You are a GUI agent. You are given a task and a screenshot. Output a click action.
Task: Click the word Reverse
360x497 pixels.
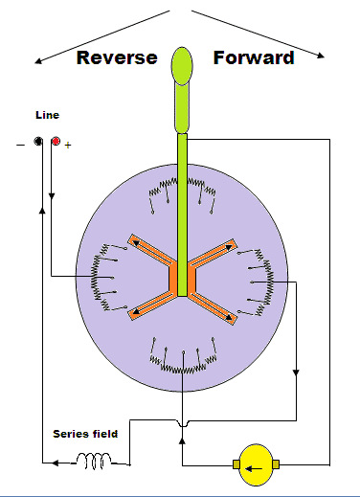point(117,57)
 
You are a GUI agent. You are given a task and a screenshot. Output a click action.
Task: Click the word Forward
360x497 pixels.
point(254,57)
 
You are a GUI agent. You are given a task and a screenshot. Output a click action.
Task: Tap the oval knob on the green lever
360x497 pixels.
point(182,66)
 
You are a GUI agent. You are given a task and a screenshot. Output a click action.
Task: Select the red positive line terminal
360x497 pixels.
point(56,141)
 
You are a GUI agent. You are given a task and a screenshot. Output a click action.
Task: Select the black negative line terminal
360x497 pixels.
point(38,141)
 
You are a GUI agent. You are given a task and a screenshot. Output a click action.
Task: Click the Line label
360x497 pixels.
point(47,115)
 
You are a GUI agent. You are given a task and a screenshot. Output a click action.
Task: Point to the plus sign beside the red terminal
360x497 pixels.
point(68,146)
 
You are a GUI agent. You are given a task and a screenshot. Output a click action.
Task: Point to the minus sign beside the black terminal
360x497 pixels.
point(20,146)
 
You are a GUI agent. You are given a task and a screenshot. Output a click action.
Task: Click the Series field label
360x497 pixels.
point(85,434)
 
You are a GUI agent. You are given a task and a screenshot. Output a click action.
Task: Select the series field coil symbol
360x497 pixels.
point(94,461)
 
